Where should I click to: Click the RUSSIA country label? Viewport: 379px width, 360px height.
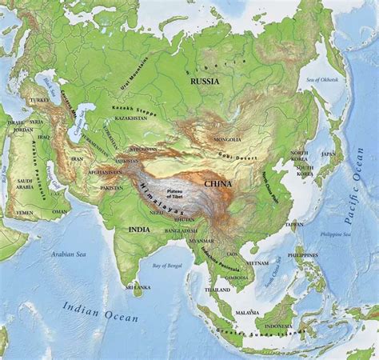tap(204, 81)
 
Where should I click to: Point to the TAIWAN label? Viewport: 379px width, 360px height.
tap(294, 224)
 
